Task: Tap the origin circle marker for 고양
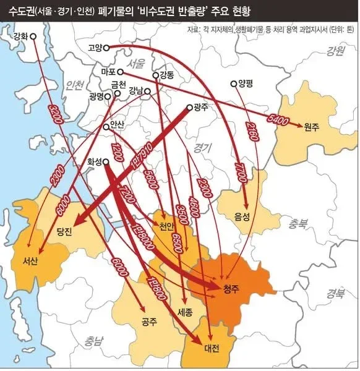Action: pos(106,47)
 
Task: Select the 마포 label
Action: pos(108,72)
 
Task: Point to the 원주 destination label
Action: pos(311,126)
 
